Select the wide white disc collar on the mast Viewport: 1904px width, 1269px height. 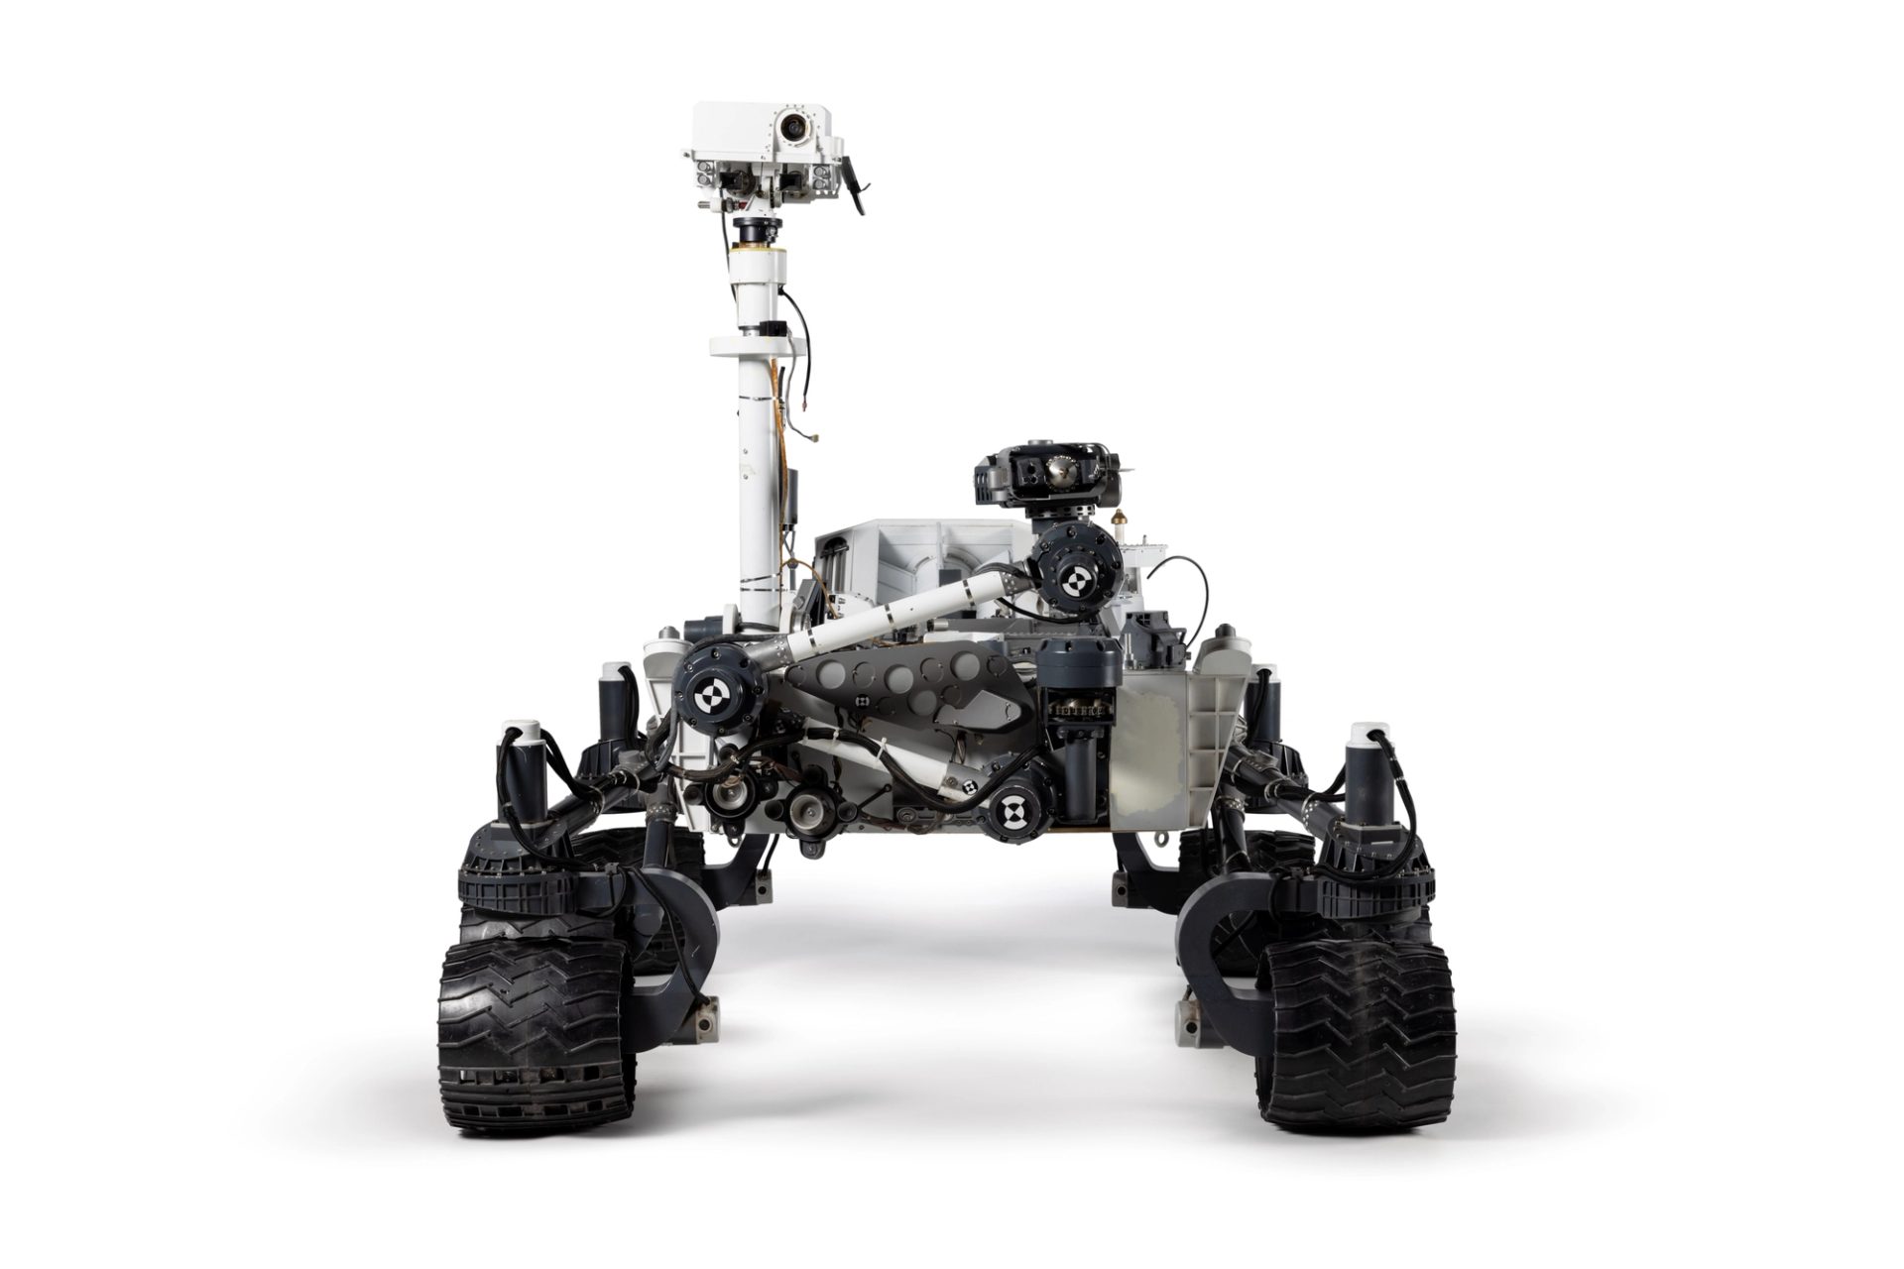pyautogui.click(x=756, y=345)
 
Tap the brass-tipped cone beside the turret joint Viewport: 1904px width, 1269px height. pyautogui.click(x=1123, y=519)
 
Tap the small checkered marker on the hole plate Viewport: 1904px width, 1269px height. pyautogui.click(x=865, y=701)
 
